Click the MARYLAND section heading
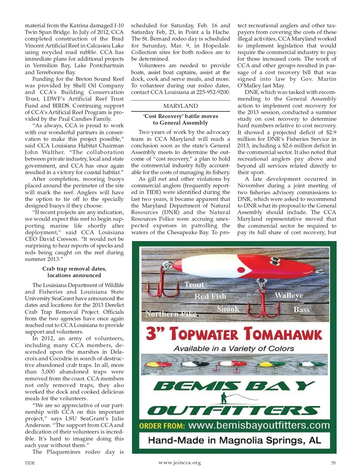coord(181,106)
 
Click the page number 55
coord(333,463)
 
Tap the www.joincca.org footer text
coord(180,463)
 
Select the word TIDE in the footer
coord(30,463)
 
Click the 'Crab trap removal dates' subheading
coord(74,269)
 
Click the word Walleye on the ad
coord(289,295)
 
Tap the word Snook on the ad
coord(228,309)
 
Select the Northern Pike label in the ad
coord(171,314)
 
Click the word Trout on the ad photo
coord(194,285)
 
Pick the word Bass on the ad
coord(301,310)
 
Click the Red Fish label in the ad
coord(210,296)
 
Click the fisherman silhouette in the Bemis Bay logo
coord(223,398)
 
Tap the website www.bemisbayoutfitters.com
coord(259,425)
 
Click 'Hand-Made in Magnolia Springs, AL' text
coord(234,440)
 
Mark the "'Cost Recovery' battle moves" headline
coord(181,116)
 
